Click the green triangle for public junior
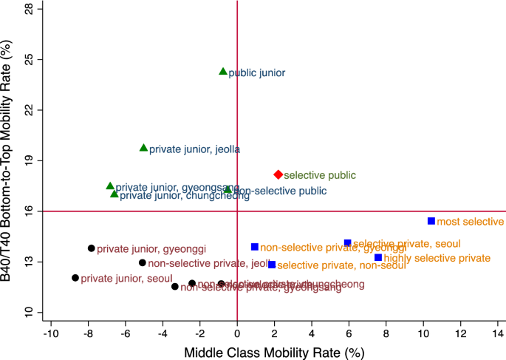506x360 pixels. coord(223,72)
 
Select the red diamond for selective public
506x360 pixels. coord(278,174)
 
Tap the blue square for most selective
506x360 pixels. coord(431,221)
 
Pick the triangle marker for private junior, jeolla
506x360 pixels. coord(144,148)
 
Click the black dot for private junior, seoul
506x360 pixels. coord(75,278)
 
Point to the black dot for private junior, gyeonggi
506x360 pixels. coord(92,248)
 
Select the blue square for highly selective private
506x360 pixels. coord(378,257)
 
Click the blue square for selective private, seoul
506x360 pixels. coord(348,242)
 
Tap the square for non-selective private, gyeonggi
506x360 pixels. coord(255,247)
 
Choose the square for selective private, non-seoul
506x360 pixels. coord(272,265)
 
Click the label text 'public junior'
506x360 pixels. coord(256,73)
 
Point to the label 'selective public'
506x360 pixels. coord(320,176)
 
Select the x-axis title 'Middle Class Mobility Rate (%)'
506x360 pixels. coord(274,352)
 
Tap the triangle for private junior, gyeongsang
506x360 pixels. coord(110,186)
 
